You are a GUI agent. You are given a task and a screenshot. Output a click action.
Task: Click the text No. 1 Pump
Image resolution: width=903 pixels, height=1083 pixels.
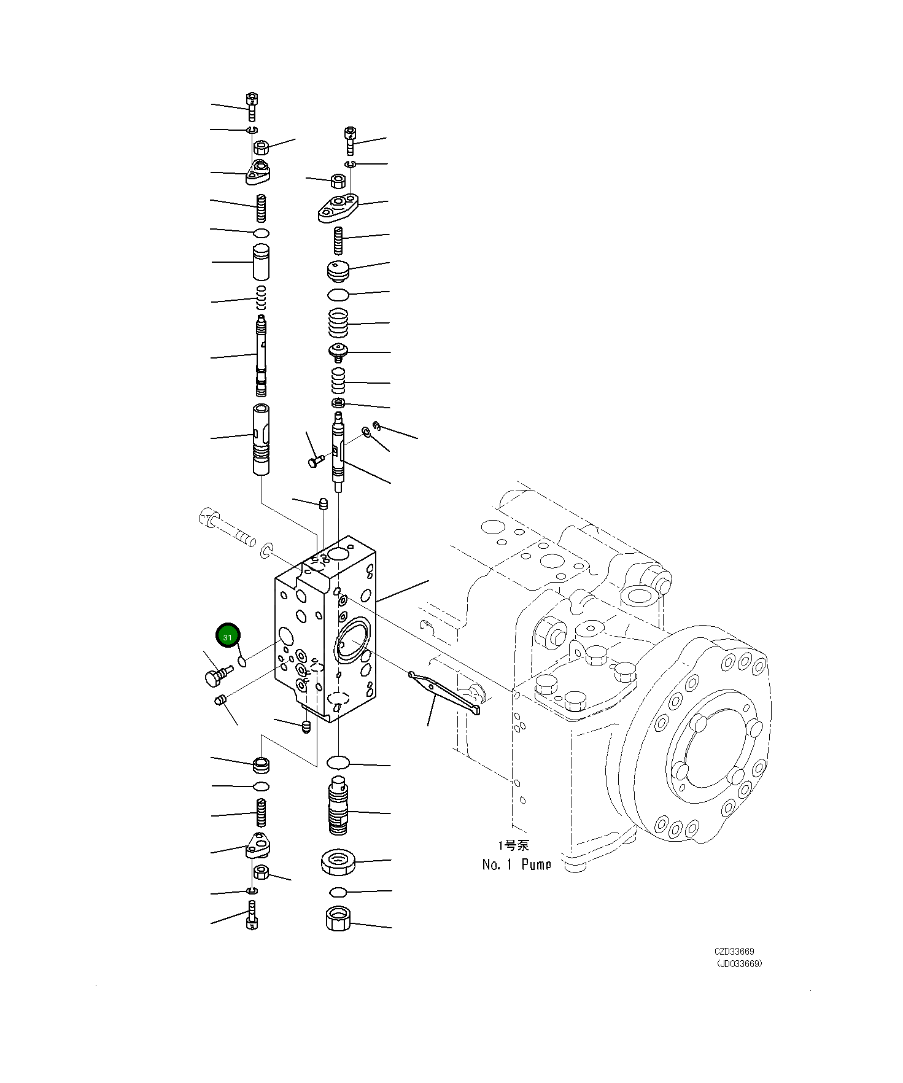pos(516,865)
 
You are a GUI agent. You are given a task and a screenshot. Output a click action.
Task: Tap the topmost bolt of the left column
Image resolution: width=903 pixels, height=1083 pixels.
pos(252,106)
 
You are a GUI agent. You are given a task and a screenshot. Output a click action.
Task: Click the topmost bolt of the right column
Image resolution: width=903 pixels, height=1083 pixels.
pos(350,139)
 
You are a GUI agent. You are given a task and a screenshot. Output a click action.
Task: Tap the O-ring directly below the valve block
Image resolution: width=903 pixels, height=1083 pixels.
pos(338,763)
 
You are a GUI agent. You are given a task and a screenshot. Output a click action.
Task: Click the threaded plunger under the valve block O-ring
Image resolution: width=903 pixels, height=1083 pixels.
pos(338,804)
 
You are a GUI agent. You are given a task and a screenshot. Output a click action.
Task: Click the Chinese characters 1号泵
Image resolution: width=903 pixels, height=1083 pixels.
pos(513,845)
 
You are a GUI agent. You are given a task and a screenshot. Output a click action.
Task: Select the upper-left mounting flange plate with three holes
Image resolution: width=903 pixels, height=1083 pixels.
pos(258,173)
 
